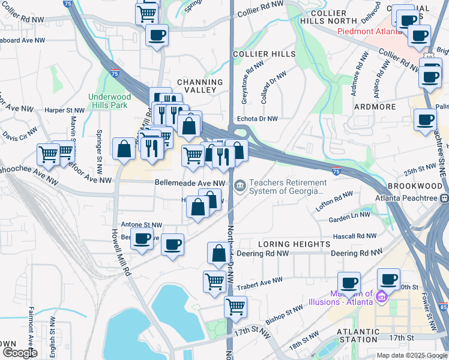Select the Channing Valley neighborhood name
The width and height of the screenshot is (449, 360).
click(x=200, y=86)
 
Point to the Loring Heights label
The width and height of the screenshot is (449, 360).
click(x=294, y=244)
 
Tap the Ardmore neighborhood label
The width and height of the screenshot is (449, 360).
click(x=375, y=107)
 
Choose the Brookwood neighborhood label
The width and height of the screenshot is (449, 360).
click(x=415, y=186)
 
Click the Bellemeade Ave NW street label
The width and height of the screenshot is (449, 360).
click(x=190, y=182)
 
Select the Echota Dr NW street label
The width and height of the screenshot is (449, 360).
click(x=258, y=119)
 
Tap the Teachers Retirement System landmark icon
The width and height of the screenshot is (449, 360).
click(x=240, y=185)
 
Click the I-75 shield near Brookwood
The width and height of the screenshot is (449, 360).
click(x=337, y=172)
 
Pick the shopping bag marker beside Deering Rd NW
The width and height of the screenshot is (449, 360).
click(x=218, y=253)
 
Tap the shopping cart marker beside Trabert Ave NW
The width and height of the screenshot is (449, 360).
click(x=214, y=281)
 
